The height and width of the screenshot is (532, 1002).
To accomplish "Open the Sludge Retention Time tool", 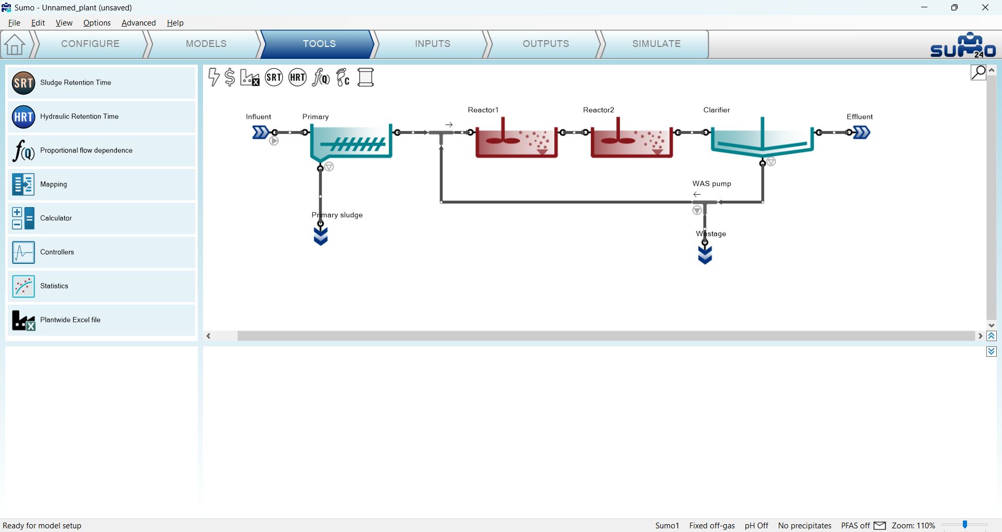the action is (x=101, y=82).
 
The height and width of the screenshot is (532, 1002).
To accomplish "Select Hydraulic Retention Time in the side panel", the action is (x=101, y=116).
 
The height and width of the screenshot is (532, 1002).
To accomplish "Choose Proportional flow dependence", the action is (x=101, y=150).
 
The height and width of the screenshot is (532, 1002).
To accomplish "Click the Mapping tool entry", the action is (x=101, y=184).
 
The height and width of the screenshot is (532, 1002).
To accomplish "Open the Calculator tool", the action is (x=101, y=218).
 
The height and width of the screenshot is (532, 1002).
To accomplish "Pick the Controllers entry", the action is (x=101, y=252).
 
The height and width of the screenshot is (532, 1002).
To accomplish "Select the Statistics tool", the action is (x=101, y=286).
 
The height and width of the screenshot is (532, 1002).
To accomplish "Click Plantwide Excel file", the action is (x=101, y=320).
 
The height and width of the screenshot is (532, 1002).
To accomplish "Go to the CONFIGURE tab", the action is (x=90, y=44).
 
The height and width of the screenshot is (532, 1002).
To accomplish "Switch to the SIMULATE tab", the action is (x=656, y=44).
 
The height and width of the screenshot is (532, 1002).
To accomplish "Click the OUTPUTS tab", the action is (x=546, y=44).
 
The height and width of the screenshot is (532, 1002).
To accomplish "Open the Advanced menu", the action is (x=138, y=23).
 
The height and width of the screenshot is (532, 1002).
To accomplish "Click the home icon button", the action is (x=15, y=44).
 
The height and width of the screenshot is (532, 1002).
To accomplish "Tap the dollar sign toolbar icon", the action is (x=230, y=77).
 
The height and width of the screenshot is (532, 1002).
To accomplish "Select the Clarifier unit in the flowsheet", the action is (x=762, y=138).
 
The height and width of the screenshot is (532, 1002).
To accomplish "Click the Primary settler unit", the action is (x=351, y=142).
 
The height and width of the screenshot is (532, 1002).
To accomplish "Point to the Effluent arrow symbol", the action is (x=862, y=132).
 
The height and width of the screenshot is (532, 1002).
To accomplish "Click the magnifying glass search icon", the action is (x=978, y=72).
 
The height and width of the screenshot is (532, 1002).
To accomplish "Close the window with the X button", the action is (x=985, y=7).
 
